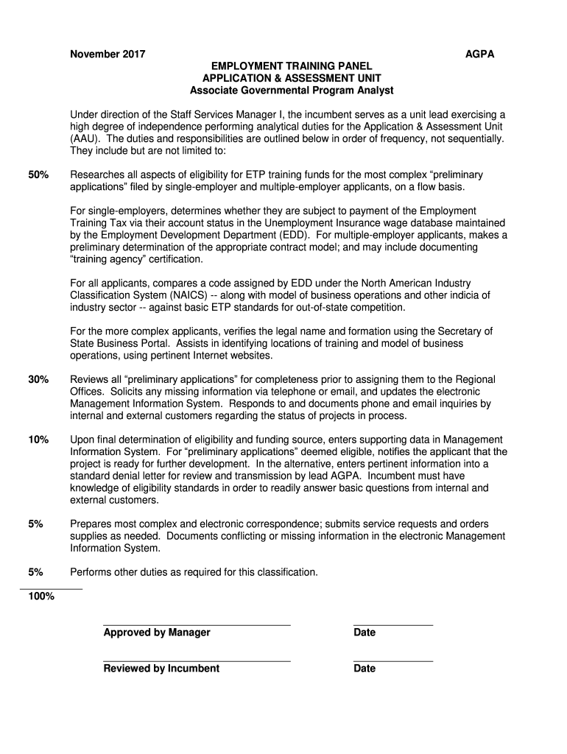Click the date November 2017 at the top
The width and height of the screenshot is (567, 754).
point(108,54)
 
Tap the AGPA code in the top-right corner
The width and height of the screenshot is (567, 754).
point(480,54)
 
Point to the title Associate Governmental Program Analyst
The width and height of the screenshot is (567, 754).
point(292,91)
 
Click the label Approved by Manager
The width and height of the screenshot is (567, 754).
point(157,633)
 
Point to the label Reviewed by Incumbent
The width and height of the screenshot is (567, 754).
point(161,669)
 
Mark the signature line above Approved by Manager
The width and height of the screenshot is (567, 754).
point(197,625)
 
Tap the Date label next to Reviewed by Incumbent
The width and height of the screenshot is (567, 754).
point(364,669)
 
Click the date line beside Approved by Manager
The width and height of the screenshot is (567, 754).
point(393,625)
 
